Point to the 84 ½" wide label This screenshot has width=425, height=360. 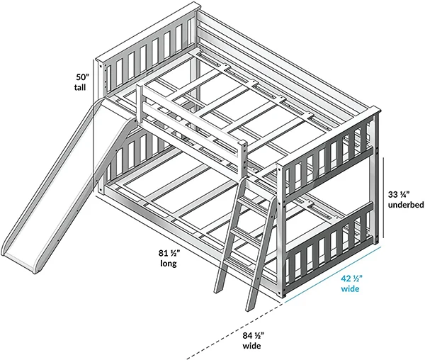251,340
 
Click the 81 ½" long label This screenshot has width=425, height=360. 168,257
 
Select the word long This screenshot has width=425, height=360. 168,262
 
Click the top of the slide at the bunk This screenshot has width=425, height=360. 117,113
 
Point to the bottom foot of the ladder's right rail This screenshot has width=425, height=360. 249,308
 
